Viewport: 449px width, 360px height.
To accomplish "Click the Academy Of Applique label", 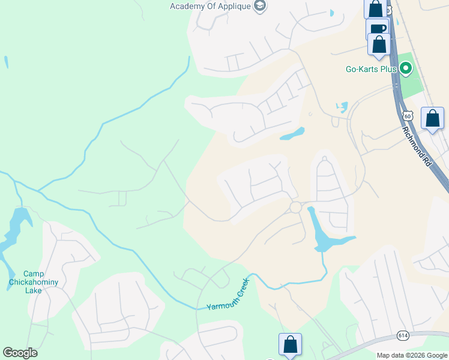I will click(211, 7).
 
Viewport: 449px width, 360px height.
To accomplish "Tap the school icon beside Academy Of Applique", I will click(260, 7).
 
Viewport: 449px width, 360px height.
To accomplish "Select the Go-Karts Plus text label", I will click(372, 69).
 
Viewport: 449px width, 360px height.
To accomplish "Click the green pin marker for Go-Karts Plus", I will click(405, 69).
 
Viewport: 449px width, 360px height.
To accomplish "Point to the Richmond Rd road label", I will click(417, 146).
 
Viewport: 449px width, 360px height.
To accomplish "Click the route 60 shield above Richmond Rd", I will click(408, 115).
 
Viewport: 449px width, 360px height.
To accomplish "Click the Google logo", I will click(20, 353).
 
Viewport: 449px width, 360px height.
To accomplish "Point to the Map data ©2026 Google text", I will click(411, 355).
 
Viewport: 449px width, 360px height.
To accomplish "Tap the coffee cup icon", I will click(377, 29).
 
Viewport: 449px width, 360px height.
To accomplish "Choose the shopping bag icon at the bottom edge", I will click(290, 344).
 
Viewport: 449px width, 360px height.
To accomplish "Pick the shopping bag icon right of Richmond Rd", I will click(432, 118).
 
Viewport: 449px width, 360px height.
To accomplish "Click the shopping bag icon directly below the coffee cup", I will click(379, 44).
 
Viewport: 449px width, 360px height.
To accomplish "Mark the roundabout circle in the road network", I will click(295, 207).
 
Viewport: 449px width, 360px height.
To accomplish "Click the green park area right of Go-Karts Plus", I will click(412, 81).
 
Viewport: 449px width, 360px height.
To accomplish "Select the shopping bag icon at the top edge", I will click(375, 8).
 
